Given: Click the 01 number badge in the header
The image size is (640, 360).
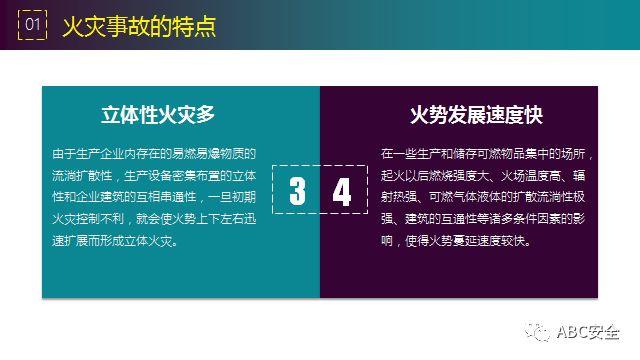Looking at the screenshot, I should pos(33,24).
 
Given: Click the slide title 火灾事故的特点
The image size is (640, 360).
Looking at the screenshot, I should pos(139,24).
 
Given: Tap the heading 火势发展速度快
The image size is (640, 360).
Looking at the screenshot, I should pos(476,114).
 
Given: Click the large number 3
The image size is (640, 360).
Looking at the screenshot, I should pos(297,192).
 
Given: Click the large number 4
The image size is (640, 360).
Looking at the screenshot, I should pos(342,192).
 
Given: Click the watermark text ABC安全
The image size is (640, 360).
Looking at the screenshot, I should pos(592,332).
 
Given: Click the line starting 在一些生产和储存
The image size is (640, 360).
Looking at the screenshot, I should pos(488,155).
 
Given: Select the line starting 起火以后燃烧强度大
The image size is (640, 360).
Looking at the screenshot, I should pos(488,176).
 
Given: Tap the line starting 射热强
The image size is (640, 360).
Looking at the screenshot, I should pos(488,197).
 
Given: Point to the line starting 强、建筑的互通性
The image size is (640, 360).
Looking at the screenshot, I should pos(488,219).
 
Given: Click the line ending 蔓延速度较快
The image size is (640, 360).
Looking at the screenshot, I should pos(461,241).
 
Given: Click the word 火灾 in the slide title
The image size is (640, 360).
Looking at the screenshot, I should pos(85,24).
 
